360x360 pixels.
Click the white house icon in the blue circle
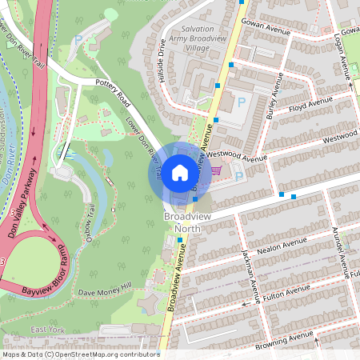(x=179, y=172)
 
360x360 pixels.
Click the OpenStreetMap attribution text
(x=80, y=354)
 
